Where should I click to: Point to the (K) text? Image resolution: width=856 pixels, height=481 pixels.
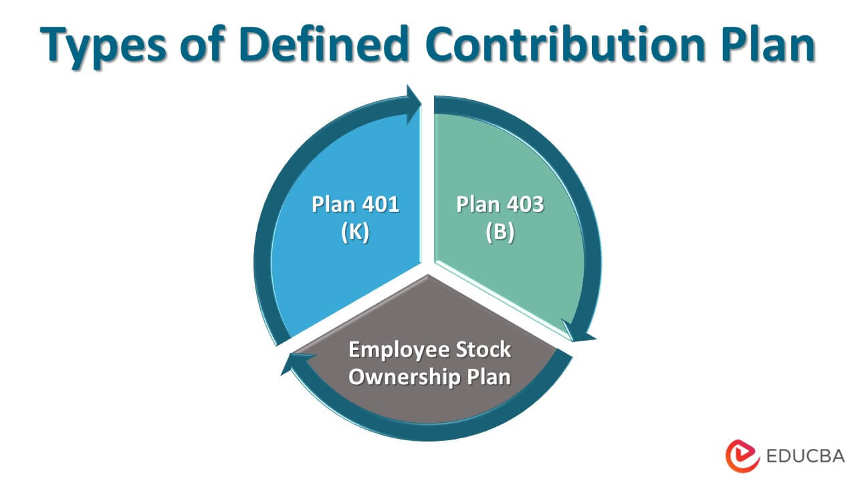point(354,233)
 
